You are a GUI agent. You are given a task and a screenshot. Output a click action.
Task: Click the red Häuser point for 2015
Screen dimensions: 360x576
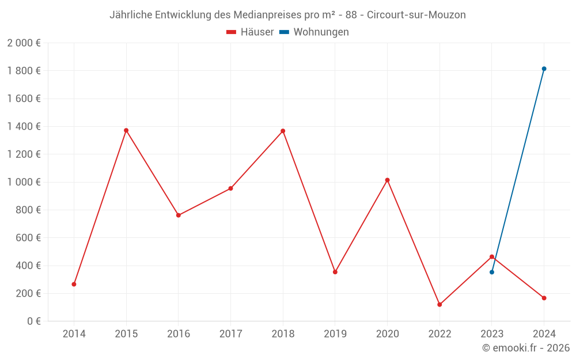pos(126,130)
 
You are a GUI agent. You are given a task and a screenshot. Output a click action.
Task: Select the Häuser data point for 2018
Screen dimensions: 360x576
pos(283,131)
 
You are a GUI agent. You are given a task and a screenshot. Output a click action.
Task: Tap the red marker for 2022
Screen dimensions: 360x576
pos(439,304)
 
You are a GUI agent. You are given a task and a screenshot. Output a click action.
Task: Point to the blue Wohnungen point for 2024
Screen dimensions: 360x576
pos(544,69)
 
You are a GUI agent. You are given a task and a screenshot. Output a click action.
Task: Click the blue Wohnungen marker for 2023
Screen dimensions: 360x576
pos(492,272)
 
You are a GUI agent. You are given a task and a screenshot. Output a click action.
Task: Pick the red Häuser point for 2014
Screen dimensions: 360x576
pos(74,284)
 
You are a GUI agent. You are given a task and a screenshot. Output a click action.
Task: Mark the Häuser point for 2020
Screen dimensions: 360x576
pos(387,180)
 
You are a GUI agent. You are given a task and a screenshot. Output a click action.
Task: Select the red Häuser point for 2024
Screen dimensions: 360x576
pos(544,298)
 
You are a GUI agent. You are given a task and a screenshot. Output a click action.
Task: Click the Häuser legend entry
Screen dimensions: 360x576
pos(250,32)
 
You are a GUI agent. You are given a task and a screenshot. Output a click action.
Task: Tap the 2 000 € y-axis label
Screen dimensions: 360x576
pos(24,43)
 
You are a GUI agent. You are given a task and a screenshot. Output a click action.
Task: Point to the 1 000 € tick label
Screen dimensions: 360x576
pos(24,182)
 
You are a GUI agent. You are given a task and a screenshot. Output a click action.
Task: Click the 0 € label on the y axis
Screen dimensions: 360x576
pos(33,321)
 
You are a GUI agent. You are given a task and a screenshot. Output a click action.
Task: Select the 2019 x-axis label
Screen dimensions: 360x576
pos(335,334)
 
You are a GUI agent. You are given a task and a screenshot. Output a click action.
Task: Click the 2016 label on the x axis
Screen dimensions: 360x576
pos(178,334)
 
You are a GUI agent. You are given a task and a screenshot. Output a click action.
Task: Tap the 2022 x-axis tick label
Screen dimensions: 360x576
pos(439,334)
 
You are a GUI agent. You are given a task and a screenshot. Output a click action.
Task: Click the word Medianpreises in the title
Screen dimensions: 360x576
pos(266,15)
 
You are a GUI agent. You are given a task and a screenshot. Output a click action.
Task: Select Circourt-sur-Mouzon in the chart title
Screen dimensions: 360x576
pos(416,15)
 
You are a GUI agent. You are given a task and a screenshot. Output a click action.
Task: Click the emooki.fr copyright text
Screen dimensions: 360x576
pos(526,348)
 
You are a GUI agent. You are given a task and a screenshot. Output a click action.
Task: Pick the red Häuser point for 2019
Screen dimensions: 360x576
pos(335,272)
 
